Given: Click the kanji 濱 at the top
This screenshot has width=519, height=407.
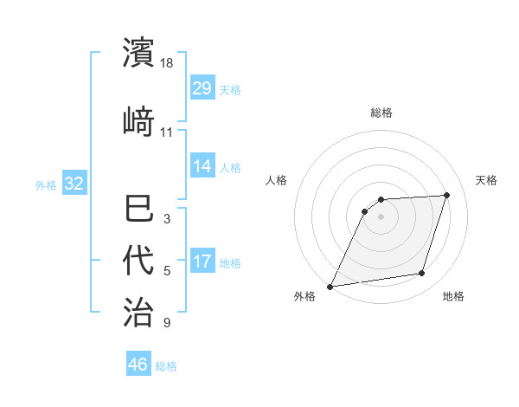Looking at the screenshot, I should tap(139, 52).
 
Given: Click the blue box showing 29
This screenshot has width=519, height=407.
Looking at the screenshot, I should tap(202, 88).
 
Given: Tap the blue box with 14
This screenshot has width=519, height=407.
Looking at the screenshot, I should tap(202, 166).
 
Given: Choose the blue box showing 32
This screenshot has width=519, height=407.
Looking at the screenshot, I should tap(74, 184).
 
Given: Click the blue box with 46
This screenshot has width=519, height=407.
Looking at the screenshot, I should tap(138, 365).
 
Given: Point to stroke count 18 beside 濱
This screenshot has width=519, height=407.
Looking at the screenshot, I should tap(168, 64).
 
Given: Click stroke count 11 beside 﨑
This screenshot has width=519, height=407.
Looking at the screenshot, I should tap(167, 132).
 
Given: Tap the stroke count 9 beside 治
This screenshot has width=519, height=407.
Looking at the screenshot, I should tap(167, 324).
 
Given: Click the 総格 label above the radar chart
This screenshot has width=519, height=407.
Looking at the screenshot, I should tap(381, 113).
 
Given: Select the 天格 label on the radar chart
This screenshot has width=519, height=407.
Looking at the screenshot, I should tap(487, 180).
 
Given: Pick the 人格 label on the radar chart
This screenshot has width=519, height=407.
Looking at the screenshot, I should tap(276, 180).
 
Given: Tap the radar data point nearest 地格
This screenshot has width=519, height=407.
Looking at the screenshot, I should tap(422, 274).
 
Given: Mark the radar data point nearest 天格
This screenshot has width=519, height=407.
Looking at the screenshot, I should tap(447, 195).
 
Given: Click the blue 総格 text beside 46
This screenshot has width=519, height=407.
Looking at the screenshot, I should tap(166, 366).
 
